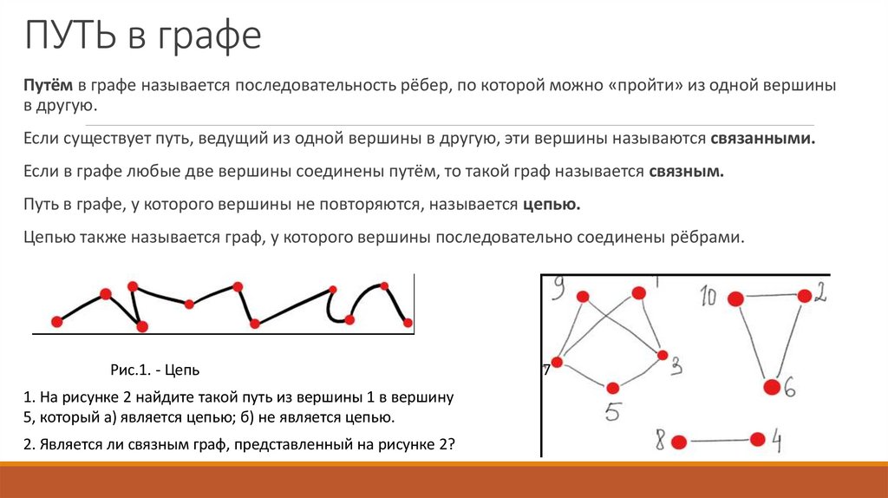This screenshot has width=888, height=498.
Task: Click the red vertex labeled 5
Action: pos(613,388)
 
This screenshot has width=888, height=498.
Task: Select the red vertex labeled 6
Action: pos(770,386)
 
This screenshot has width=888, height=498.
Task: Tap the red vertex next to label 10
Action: pos(735,299)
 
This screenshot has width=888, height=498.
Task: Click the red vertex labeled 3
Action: pos(663,356)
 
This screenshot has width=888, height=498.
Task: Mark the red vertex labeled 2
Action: pos(804,296)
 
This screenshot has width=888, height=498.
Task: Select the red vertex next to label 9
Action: pos(583,297)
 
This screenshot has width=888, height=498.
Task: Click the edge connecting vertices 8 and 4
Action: pos(719,441)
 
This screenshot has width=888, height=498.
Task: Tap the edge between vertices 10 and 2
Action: pos(770,298)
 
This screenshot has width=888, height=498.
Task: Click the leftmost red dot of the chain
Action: pos(57,322)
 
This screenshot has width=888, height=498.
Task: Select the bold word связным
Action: pos(685,172)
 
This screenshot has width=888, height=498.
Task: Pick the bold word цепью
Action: pos(551,205)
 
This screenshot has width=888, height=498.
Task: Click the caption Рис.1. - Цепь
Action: pos(155,370)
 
